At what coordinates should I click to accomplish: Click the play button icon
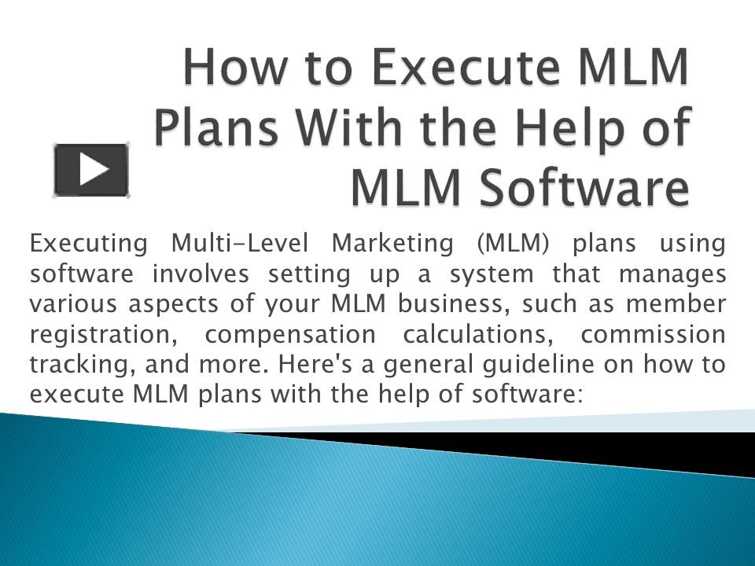[x=91, y=169]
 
